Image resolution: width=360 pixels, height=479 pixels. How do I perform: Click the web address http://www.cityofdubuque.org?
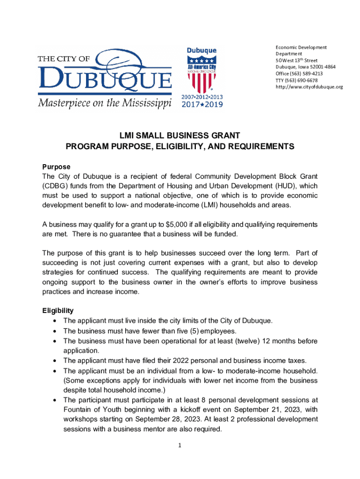click(x=309, y=87)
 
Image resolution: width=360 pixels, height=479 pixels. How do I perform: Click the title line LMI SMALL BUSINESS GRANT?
click(x=180, y=136)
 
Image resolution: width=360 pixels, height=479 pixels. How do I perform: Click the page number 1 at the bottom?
click(x=180, y=445)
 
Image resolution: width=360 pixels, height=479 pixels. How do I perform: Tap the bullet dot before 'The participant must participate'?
click(x=56, y=400)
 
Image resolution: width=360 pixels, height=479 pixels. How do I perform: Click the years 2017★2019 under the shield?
click(x=202, y=104)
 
